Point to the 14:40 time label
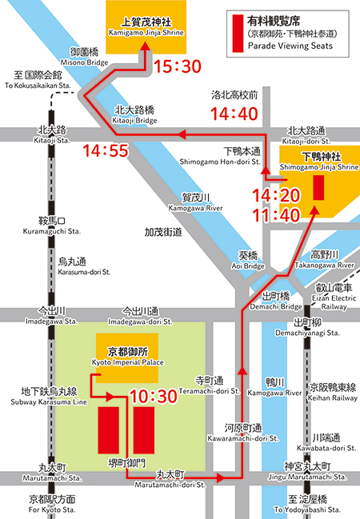pos(234,114)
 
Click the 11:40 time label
pos(274,214)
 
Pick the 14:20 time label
pos(274,195)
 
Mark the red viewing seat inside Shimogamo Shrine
pos(318,188)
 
